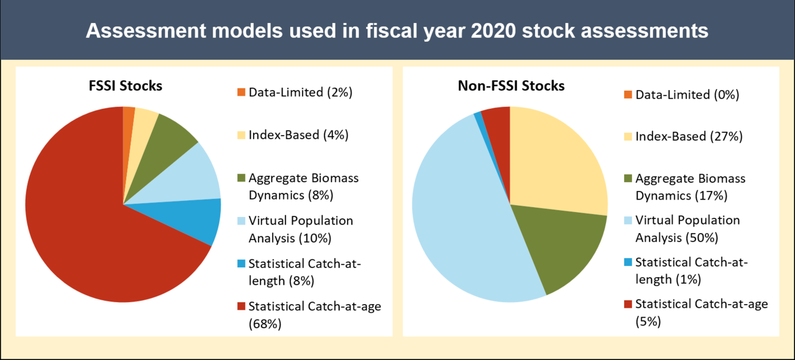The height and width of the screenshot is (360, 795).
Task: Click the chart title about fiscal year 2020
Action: [397, 30]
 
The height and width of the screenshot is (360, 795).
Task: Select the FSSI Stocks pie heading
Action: [125, 86]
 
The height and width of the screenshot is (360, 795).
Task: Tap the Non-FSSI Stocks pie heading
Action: [510, 86]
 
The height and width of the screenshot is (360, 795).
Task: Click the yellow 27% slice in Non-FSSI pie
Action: [556, 162]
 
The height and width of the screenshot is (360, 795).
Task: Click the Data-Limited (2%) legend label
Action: [300, 93]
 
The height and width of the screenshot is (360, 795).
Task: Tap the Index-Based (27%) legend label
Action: [689, 136]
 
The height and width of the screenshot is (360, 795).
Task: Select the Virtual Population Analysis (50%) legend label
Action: [687, 229]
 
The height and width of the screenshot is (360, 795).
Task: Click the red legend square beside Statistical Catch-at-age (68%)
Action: [241, 307]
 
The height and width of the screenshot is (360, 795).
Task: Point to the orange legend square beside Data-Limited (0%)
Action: [627, 95]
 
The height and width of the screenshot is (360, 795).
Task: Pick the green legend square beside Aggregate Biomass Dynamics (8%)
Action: [241, 178]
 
